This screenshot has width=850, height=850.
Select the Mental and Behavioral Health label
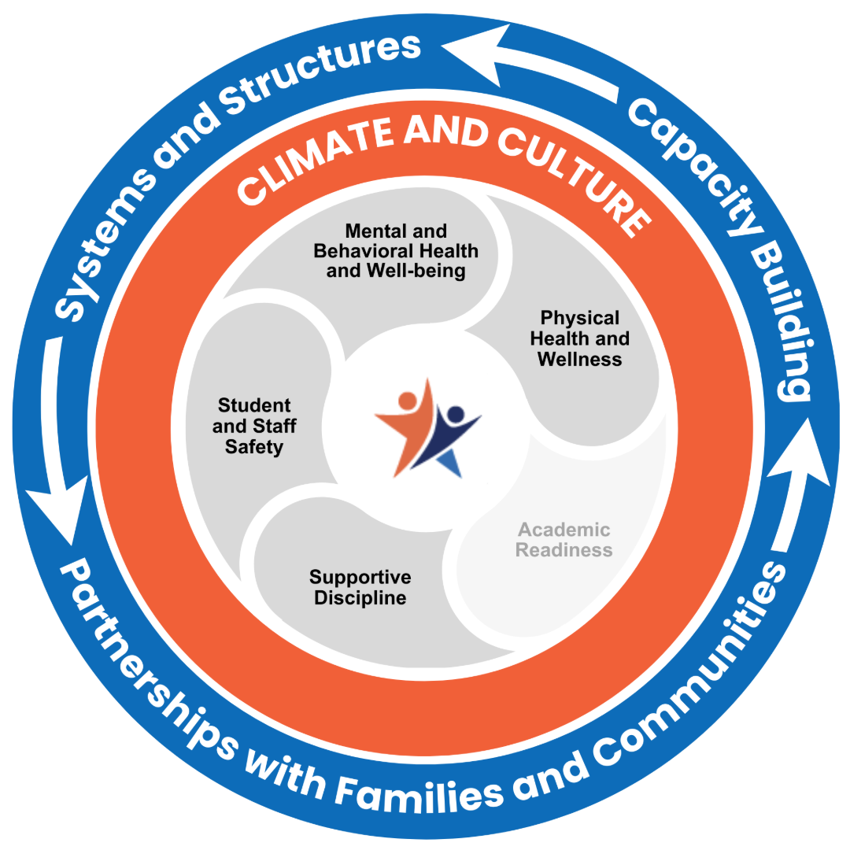(396, 251)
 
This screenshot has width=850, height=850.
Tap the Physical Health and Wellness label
(579, 338)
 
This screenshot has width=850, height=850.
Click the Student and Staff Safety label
(254, 426)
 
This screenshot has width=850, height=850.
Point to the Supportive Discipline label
(360, 587)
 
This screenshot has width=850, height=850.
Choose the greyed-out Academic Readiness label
(564, 540)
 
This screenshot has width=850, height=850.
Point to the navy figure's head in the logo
(454, 414)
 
